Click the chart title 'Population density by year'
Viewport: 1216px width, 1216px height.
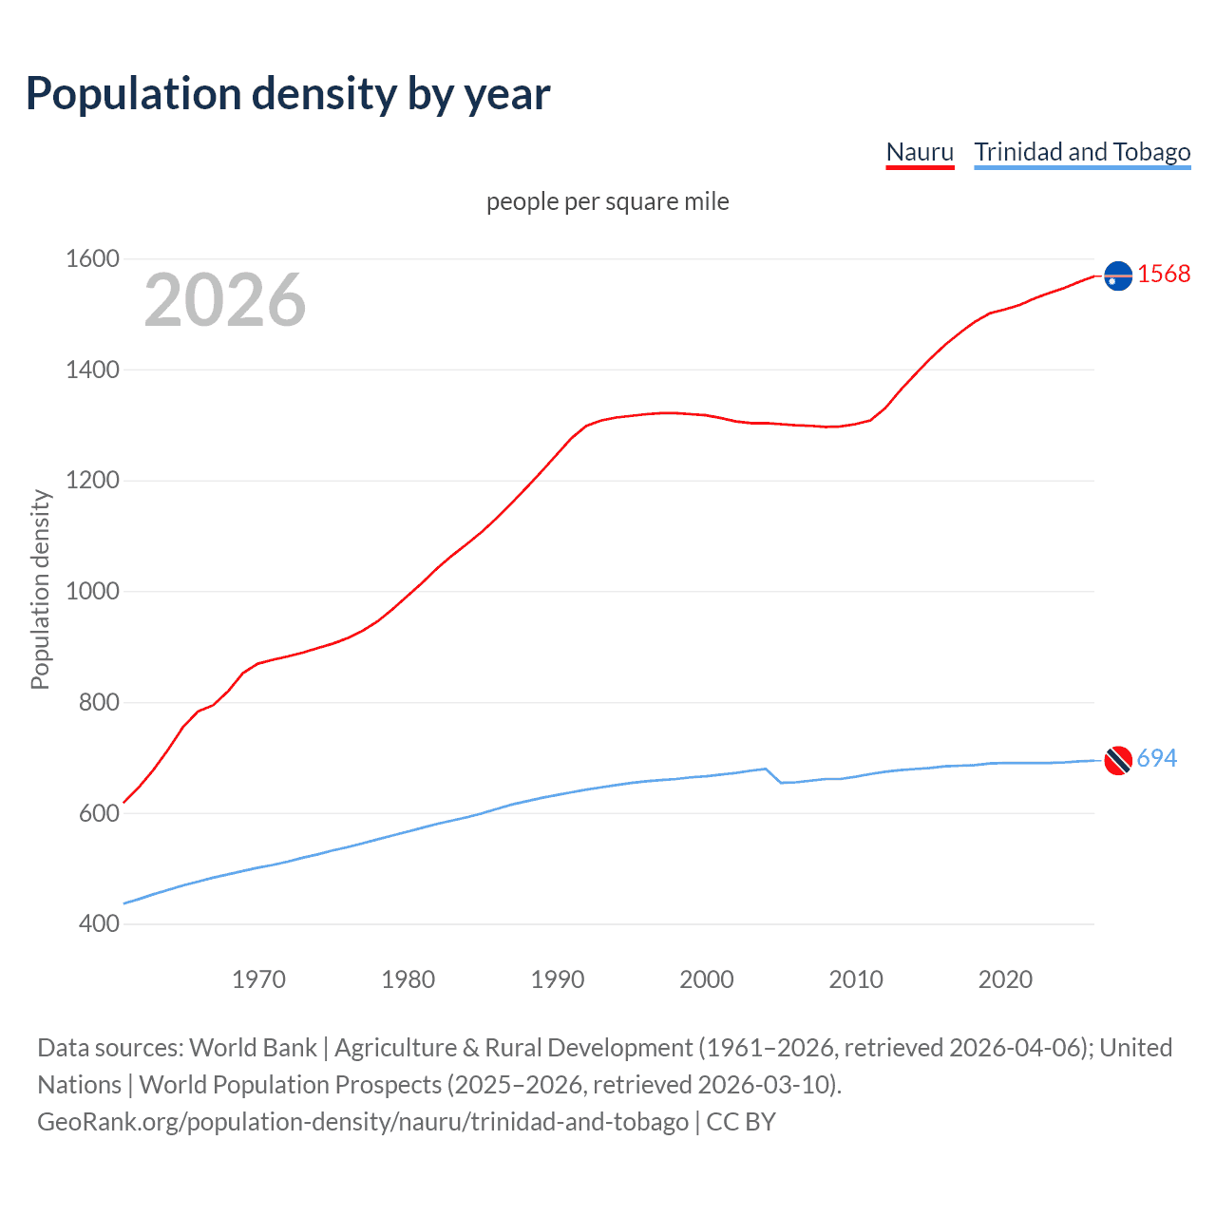coord(288,94)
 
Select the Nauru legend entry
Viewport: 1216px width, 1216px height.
coord(920,152)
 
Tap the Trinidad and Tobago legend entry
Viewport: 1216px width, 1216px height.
coord(1082,152)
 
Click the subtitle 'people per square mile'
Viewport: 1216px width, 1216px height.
coord(607,201)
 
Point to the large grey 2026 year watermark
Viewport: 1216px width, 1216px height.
coord(225,300)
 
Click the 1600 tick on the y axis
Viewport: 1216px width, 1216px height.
coord(92,258)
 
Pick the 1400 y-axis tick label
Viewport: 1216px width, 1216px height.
coord(92,370)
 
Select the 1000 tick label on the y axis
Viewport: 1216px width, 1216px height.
coord(92,591)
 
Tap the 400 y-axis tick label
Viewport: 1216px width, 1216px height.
coord(99,923)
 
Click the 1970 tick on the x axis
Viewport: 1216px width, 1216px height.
coord(258,979)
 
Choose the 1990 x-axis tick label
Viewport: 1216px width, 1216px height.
coord(558,979)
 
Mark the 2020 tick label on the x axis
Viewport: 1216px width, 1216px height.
coord(1005,979)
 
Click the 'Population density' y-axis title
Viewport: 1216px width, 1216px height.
coord(40,589)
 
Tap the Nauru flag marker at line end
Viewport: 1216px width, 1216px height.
coord(1118,275)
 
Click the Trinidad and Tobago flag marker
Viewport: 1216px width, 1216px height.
coord(1118,760)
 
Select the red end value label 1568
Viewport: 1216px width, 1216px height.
coord(1164,275)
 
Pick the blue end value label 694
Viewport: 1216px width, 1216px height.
coord(1156,758)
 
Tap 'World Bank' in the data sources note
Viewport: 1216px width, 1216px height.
coord(253,1048)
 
